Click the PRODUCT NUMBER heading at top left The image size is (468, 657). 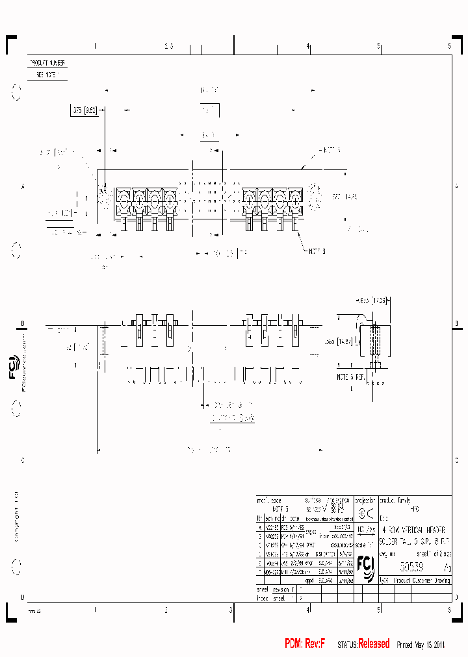coord(47,63)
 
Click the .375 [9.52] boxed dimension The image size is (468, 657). coord(85,111)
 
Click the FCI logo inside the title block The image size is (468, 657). coord(365,567)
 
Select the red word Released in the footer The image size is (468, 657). coord(374,643)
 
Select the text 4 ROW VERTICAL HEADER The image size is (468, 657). coord(415,530)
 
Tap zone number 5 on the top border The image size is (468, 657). coord(379,46)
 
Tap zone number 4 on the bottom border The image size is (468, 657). coord(308,610)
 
